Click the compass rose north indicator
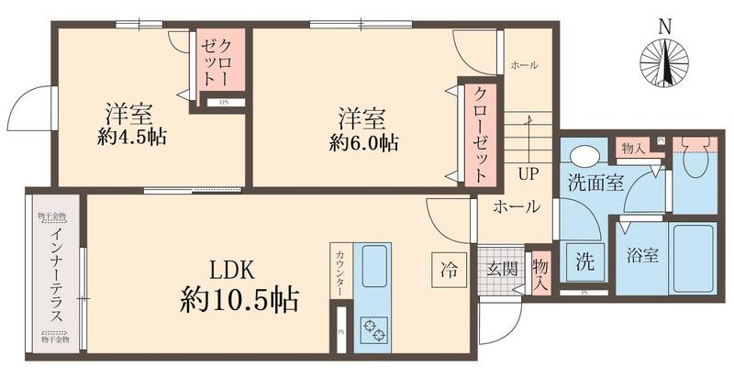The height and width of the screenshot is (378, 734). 664,60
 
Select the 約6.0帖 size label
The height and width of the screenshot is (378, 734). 364,143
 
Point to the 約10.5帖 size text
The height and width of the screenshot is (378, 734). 239,299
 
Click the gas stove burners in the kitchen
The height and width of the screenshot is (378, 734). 373,328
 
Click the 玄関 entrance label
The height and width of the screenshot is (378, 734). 501,269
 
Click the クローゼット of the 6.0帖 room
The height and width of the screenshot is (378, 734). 481,135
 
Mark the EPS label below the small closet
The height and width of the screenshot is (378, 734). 223,103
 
